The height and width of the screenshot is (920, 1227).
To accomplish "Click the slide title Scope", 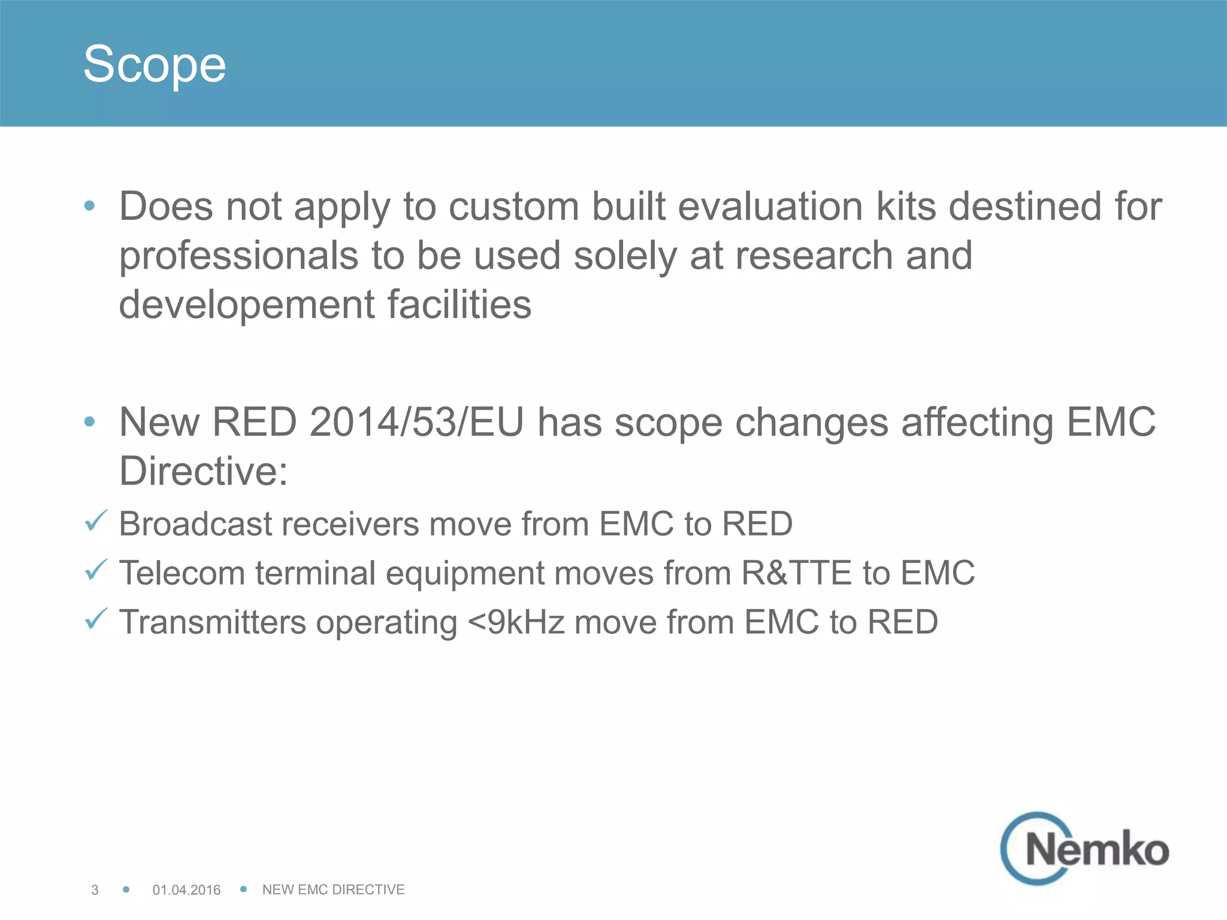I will [x=155, y=64].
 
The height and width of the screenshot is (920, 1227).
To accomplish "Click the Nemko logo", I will [x=1085, y=848].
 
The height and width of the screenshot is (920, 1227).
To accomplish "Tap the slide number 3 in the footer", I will [x=95, y=889].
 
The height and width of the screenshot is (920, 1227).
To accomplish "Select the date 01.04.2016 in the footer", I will [x=186, y=889].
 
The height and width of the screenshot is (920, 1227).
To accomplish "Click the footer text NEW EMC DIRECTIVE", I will [x=333, y=889].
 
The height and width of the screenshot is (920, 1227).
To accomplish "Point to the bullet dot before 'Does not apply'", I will [x=90, y=206].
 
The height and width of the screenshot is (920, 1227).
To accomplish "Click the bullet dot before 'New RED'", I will [x=90, y=422].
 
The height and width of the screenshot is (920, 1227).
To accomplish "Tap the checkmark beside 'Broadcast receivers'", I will [x=96, y=521].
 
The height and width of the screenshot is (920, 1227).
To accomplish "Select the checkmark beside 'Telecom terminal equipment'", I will [x=96, y=570].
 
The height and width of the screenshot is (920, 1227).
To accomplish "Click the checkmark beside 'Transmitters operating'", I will [x=96, y=619].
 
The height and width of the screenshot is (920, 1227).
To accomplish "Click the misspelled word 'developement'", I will [x=247, y=304].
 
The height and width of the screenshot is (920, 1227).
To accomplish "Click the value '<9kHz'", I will [x=516, y=622].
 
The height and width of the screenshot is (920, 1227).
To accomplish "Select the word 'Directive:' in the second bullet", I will [x=204, y=471].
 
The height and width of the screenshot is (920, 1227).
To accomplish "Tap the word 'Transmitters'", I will [x=213, y=622].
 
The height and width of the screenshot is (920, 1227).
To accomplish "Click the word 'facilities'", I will [x=460, y=304].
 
